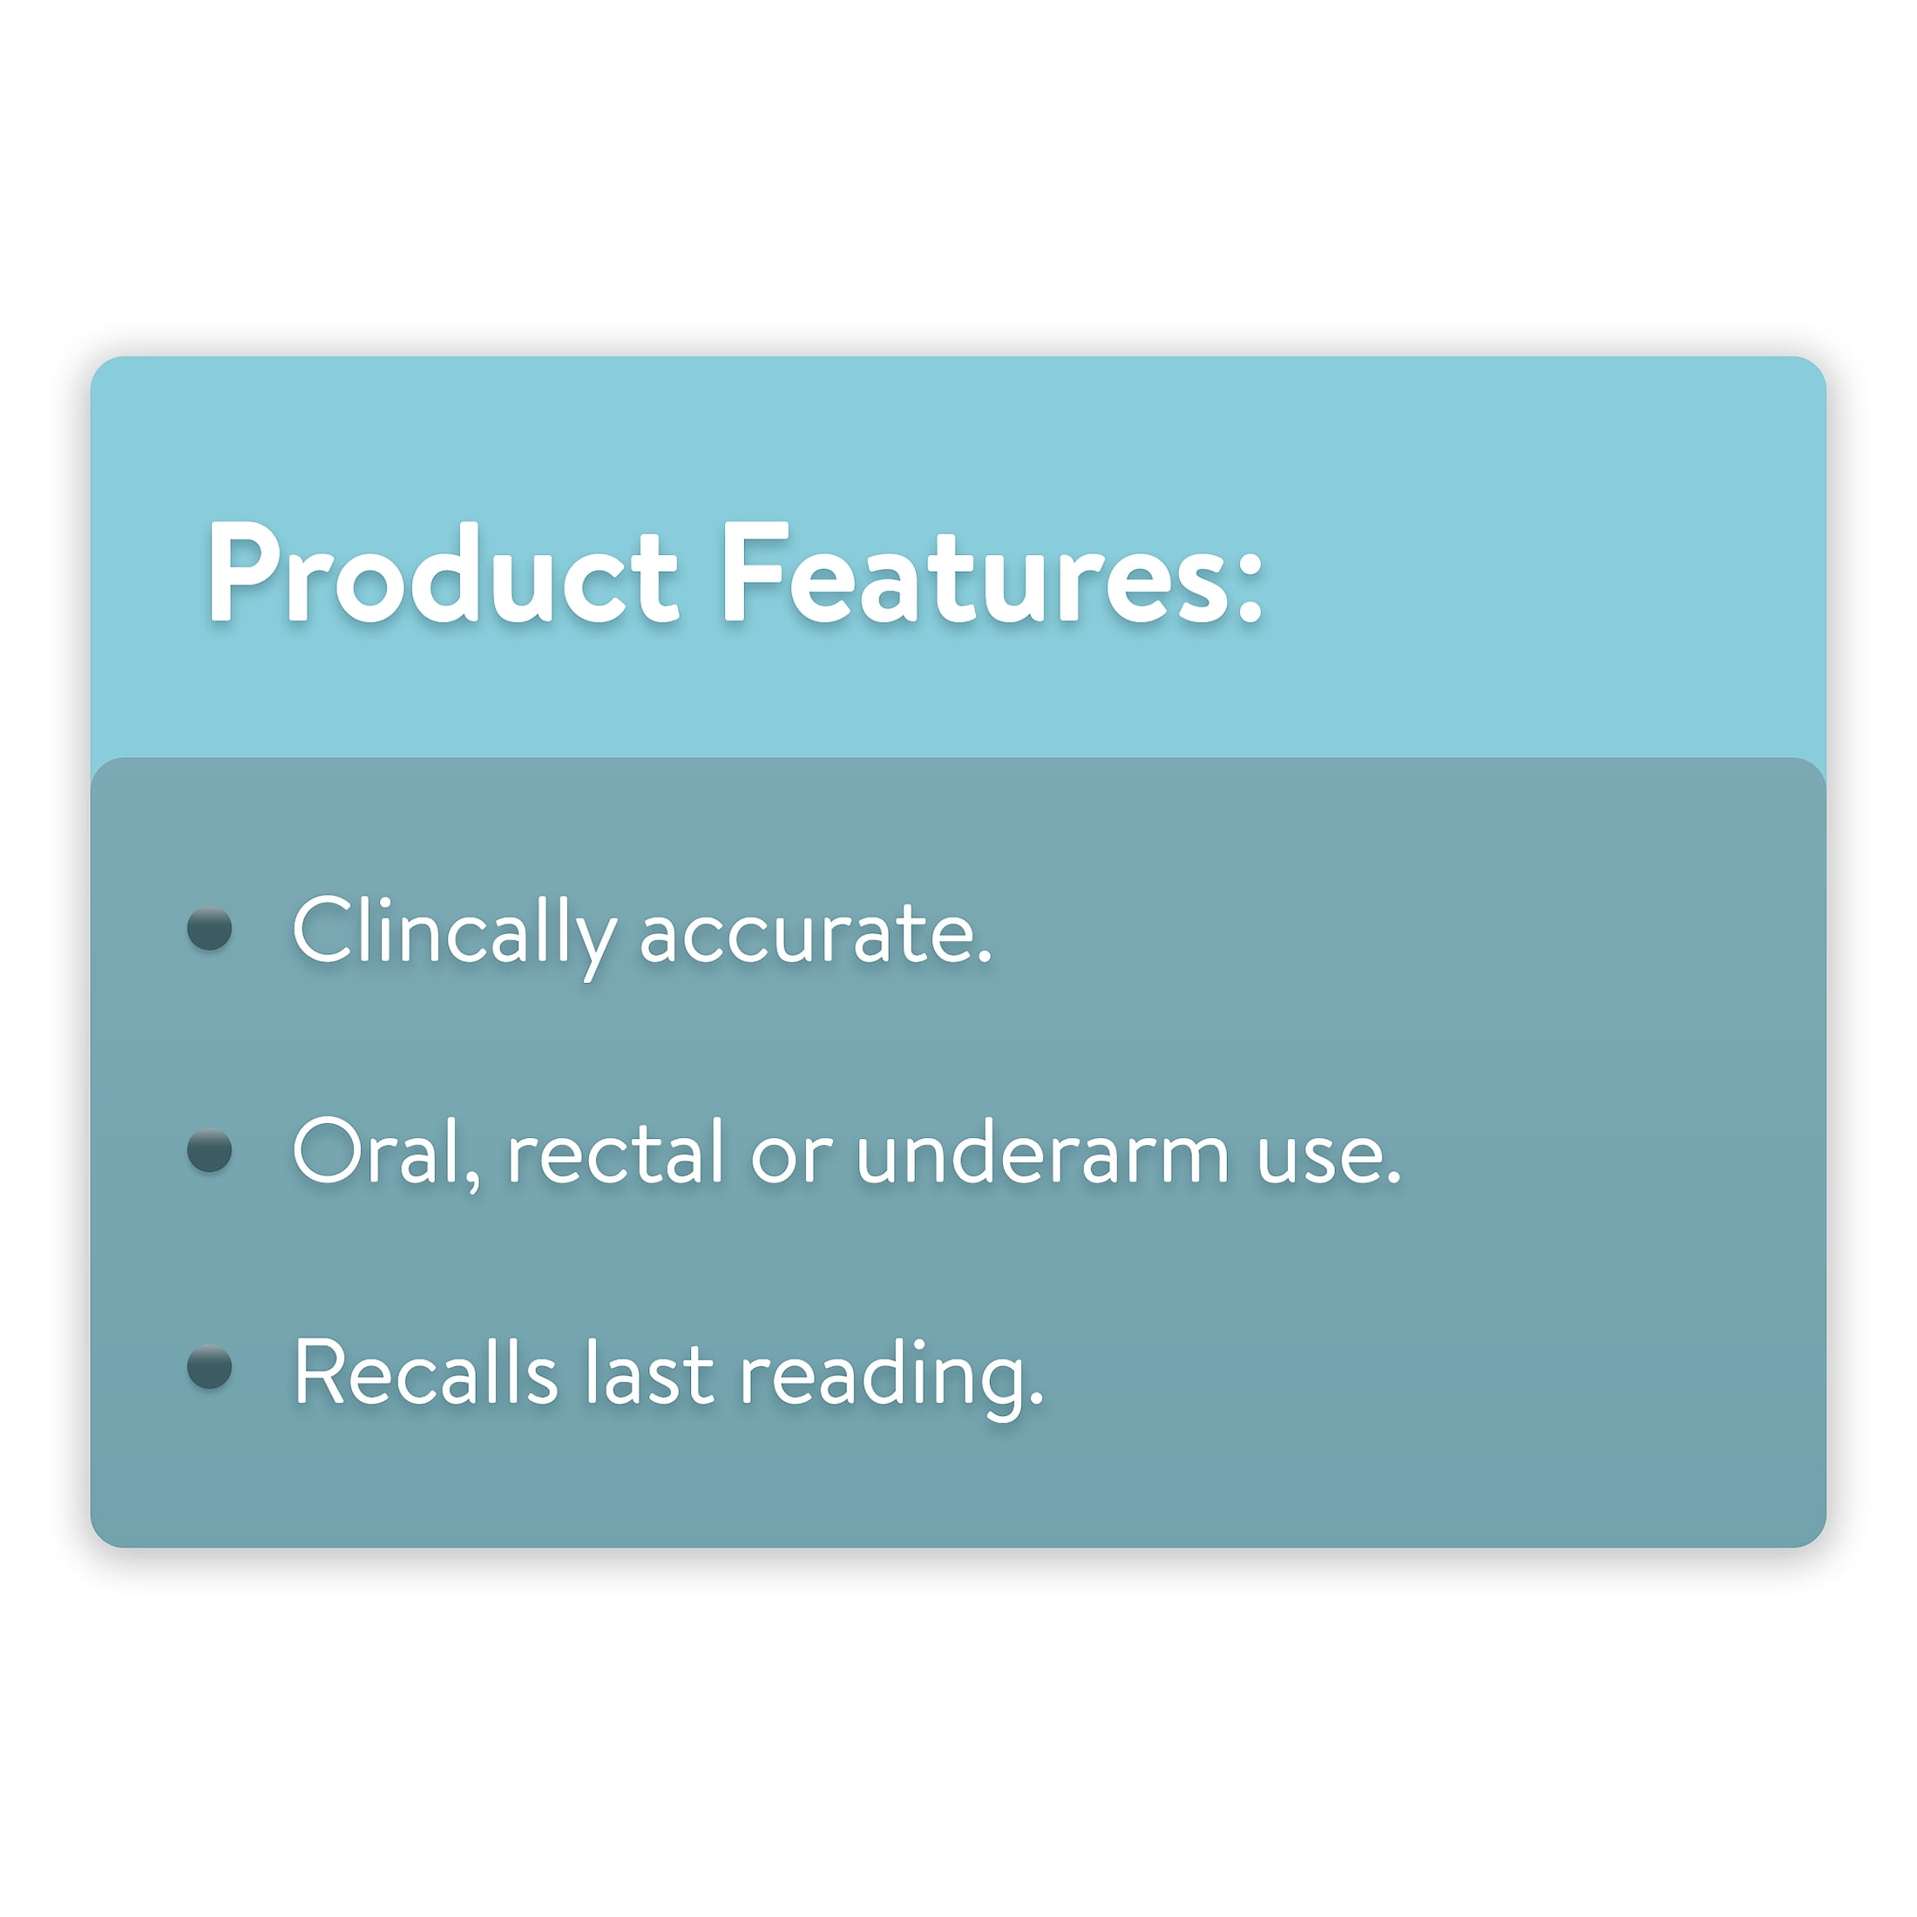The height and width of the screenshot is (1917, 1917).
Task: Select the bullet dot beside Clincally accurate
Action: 209,929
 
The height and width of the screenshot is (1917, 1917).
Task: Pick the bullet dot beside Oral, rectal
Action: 209,1150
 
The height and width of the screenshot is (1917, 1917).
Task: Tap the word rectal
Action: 615,1151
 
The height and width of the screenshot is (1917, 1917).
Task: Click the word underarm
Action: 1043,1151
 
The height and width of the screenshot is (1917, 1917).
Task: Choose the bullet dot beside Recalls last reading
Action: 209,1367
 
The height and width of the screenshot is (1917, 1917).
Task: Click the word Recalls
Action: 427,1372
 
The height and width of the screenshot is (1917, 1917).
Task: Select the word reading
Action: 883,1378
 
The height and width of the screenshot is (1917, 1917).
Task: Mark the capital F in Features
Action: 755,574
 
